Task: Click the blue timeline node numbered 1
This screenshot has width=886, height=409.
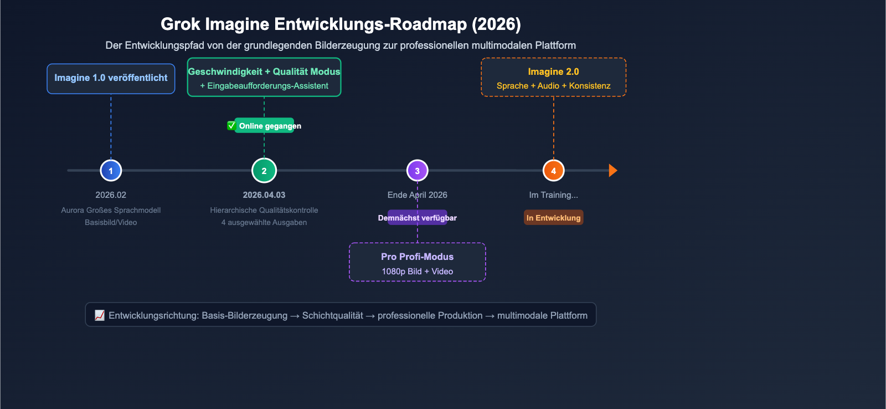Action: [111, 171]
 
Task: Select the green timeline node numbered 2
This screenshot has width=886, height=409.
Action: [264, 171]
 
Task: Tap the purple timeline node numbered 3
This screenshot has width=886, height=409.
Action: [417, 171]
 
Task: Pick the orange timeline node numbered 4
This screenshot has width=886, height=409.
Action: [553, 171]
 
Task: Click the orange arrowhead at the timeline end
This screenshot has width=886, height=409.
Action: [612, 171]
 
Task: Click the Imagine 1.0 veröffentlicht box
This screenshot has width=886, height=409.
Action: [111, 78]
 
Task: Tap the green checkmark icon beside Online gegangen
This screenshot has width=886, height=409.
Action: [231, 126]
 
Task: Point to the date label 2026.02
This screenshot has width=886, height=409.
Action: [111, 195]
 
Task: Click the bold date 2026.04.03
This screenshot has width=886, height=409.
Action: [264, 195]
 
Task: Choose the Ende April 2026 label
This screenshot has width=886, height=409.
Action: [417, 195]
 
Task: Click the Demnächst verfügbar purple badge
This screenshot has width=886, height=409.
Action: [417, 218]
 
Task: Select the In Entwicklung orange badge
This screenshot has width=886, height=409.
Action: [553, 218]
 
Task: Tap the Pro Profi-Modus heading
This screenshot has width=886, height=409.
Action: [417, 257]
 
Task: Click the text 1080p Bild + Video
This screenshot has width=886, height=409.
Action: [417, 272]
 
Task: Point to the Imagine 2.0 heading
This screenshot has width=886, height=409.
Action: [553, 71]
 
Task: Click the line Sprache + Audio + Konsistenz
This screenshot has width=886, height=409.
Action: [553, 86]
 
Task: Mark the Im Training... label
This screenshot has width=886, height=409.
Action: [553, 195]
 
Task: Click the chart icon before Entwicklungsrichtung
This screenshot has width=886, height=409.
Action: [100, 315]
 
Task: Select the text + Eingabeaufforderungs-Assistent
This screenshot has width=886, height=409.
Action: [264, 86]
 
